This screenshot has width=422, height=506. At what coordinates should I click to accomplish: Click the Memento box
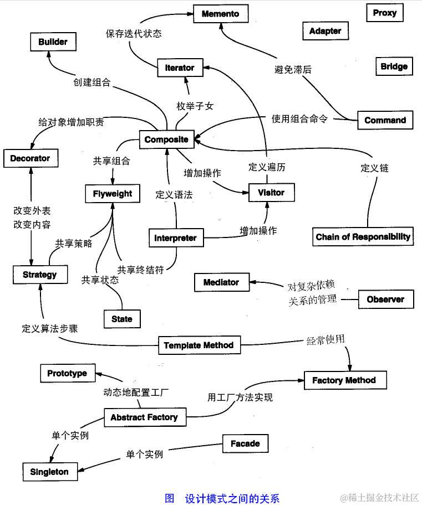pos(221,13)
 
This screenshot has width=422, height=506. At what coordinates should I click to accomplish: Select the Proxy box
pos(384,13)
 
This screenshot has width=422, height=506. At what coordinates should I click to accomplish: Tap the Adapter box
pos(325,31)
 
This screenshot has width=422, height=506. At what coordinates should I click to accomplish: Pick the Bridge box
pos(394,66)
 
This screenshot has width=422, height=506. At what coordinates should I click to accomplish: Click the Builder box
pos(53,42)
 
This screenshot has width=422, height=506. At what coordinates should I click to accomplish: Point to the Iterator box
pos(180,68)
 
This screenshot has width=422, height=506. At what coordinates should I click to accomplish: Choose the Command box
pos(385,120)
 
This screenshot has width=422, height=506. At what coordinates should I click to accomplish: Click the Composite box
pos(166,140)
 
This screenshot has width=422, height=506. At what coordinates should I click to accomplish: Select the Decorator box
pos(30,158)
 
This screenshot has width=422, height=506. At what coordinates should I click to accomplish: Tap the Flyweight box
pos(113,194)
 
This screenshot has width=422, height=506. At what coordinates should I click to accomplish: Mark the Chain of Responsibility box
pos(363,237)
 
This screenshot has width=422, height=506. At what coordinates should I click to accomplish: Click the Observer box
pos(385,300)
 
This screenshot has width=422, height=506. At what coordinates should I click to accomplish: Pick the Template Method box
pos(199,345)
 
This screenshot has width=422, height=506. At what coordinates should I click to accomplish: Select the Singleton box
pos(49,472)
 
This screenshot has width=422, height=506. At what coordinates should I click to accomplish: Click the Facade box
pos(245,443)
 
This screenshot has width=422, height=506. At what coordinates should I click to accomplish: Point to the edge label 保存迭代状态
pos(134,33)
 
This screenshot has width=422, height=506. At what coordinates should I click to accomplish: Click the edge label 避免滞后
pos(293,70)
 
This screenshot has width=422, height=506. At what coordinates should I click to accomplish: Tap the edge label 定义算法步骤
pos(50,328)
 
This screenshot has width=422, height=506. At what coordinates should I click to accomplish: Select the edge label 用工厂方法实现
pos(240,397)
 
